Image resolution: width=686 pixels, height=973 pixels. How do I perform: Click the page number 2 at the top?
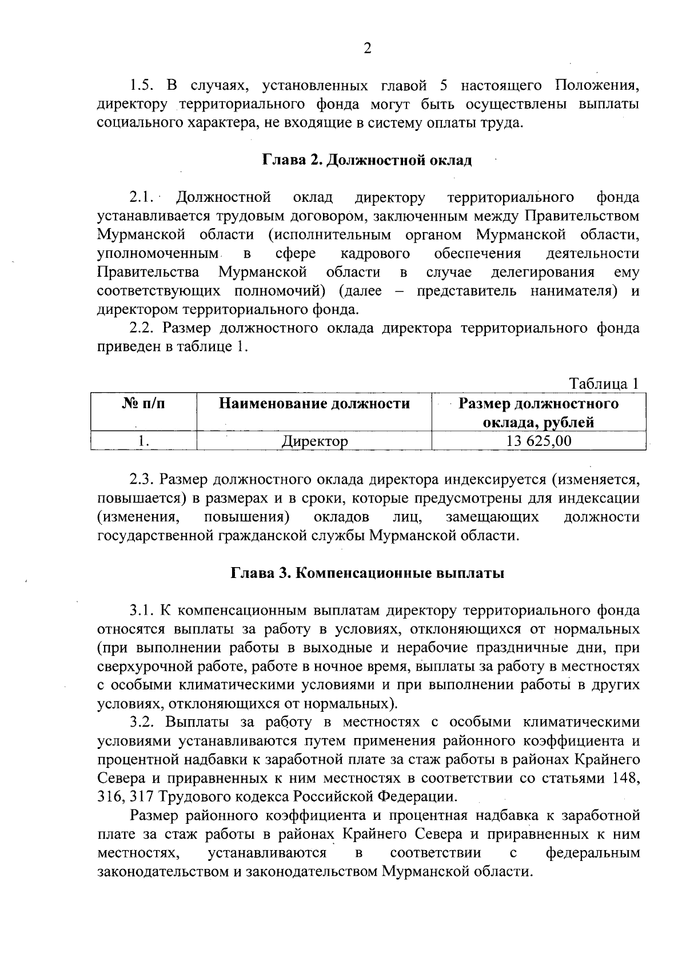[x=368, y=49]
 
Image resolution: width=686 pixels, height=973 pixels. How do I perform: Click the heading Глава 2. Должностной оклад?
[x=368, y=160]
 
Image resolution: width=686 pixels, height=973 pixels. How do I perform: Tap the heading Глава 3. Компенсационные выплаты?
[x=368, y=573]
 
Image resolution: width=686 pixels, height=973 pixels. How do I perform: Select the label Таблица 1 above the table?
[x=603, y=384]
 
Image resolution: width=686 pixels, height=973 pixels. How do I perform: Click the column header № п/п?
[x=143, y=404]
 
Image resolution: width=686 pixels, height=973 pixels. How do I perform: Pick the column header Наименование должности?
[x=314, y=404]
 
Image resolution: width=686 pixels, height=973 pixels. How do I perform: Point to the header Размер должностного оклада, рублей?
[x=539, y=413]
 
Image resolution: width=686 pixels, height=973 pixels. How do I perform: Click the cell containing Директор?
[x=314, y=441]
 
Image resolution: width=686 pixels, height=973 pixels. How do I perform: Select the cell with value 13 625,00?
[x=539, y=441]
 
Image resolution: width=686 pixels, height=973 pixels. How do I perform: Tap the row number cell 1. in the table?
[x=143, y=441]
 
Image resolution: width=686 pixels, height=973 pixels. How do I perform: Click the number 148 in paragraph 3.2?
[x=626, y=779]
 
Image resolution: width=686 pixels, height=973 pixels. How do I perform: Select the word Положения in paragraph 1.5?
[x=597, y=86]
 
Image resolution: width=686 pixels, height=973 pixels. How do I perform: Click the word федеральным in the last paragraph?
[x=593, y=854]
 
